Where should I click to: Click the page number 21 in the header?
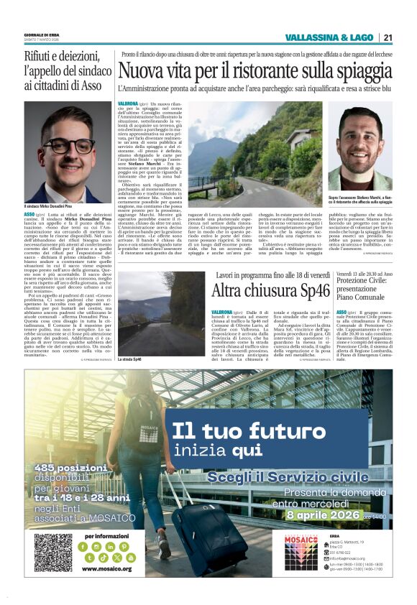[x=388, y=37]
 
